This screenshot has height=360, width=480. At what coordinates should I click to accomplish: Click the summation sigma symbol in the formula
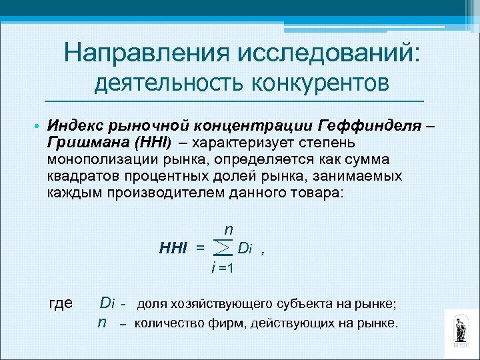pyautogui.click(x=224, y=249)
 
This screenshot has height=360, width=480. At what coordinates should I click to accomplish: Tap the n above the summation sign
pyautogui.click(x=227, y=229)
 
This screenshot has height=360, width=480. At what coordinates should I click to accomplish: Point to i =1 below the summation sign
pyautogui.click(x=221, y=268)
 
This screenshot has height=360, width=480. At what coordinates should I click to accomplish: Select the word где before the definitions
pyautogui.click(x=61, y=303)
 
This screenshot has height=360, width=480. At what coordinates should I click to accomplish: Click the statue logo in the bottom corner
pyautogui.click(x=461, y=330)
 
